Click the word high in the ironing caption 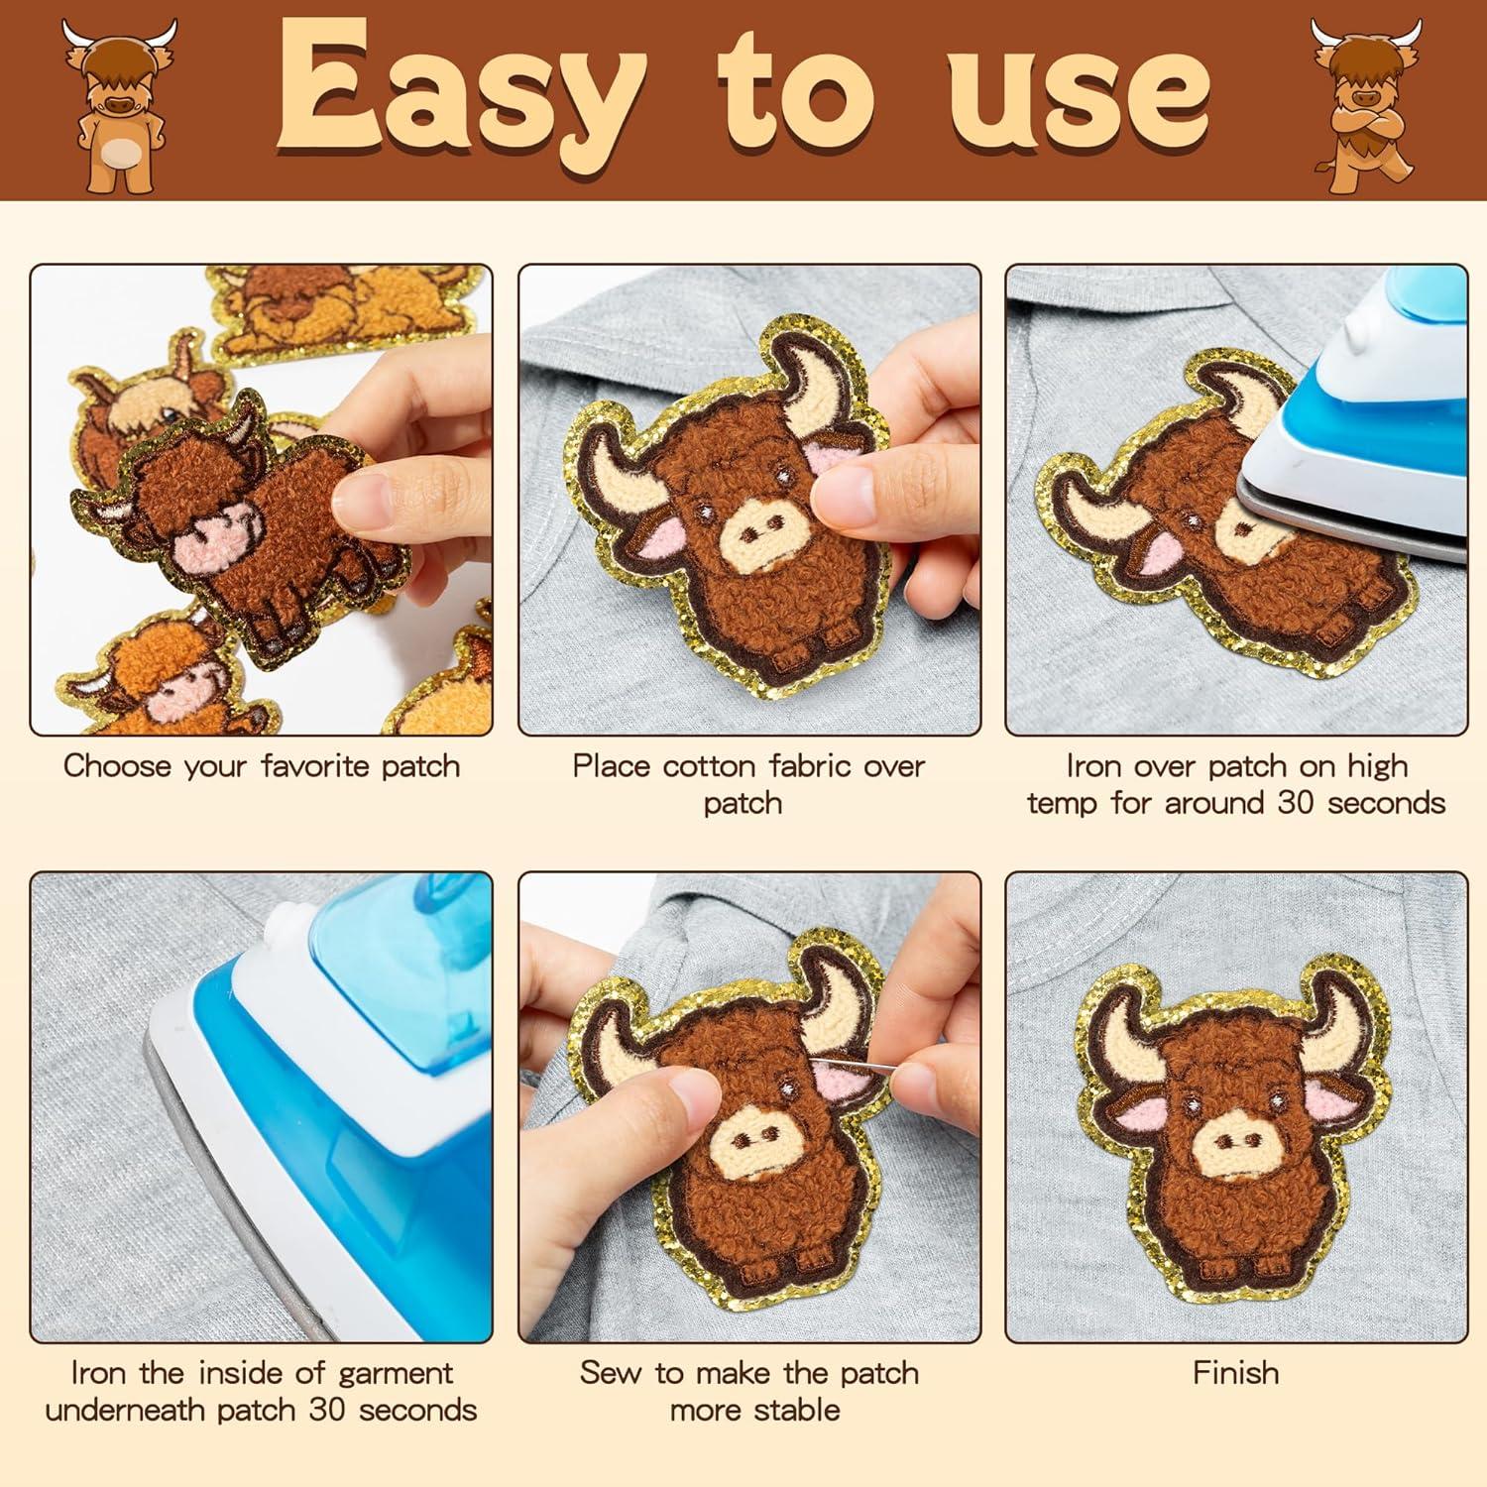(x=1377, y=766)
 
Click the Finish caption (x=1236, y=1373)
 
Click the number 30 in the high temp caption (x=1297, y=803)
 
